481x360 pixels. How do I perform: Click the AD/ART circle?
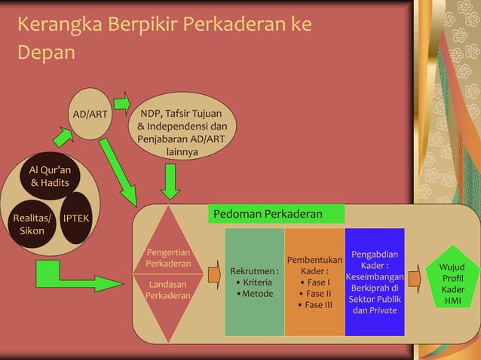tap(90, 114)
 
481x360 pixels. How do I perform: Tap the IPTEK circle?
tap(75, 218)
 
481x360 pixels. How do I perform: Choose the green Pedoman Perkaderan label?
tap(276, 214)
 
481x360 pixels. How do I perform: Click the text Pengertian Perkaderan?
tap(168, 258)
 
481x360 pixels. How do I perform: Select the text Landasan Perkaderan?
tap(168, 291)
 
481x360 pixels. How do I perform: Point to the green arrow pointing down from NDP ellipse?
tap(171, 180)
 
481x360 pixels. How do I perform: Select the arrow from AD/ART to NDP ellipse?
tap(121, 102)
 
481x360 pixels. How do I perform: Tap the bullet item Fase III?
tap(317, 305)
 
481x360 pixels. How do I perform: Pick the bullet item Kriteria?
tap(256, 282)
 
